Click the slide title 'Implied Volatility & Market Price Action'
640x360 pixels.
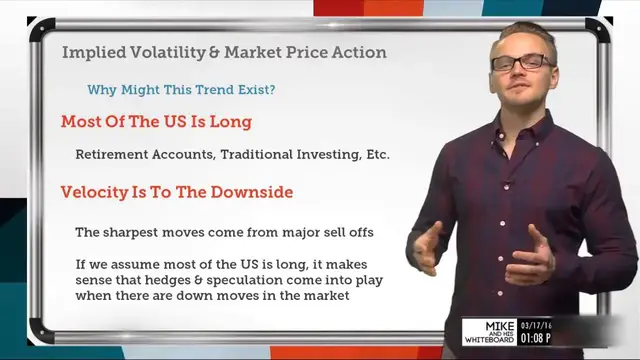pyautogui.click(x=224, y=52)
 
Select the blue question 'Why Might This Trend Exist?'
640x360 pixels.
pyautogui.click(x=181, y=89)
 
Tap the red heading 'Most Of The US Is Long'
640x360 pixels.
pyautogui.click(x=156, y=122)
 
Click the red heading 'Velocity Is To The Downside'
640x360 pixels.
pyautogui.click(x=177, y=191)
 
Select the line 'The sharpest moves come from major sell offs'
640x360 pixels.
pyautogui.click(x=224, y=232)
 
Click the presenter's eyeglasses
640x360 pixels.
pyautogui.click(x=521, y=62)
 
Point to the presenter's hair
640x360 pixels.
pyautogui.click(x=519, y=27)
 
